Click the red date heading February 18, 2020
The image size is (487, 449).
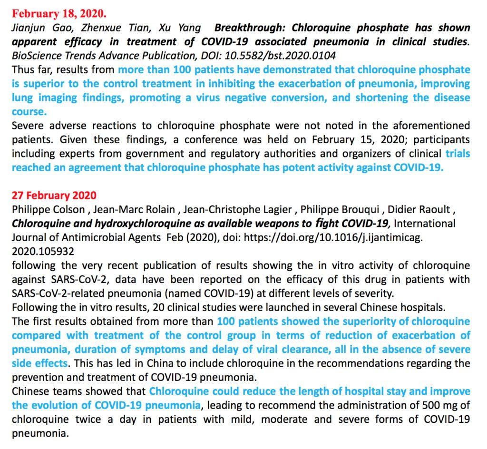tap(59, 13)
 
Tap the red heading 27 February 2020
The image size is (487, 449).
tap(54, 195)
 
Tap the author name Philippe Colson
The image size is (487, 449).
tap(47, 210)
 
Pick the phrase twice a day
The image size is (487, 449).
tap(90, 420)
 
